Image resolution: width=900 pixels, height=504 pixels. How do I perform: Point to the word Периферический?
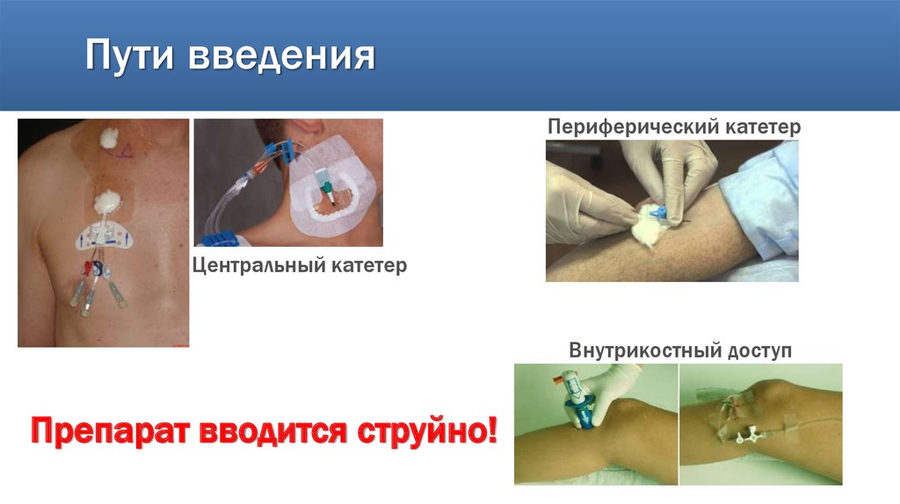634,126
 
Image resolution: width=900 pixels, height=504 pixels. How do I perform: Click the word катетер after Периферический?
763,126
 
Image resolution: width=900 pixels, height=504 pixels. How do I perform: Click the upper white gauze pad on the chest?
110,138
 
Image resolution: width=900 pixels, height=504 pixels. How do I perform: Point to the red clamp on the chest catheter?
86,270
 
